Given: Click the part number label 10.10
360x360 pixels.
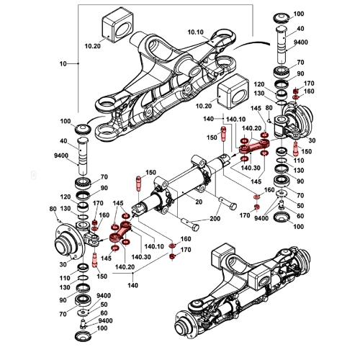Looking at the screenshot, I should pos(195,33).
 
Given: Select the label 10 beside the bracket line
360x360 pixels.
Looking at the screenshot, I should pos(63,64).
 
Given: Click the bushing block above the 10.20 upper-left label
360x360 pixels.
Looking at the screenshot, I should pos(118,23).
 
